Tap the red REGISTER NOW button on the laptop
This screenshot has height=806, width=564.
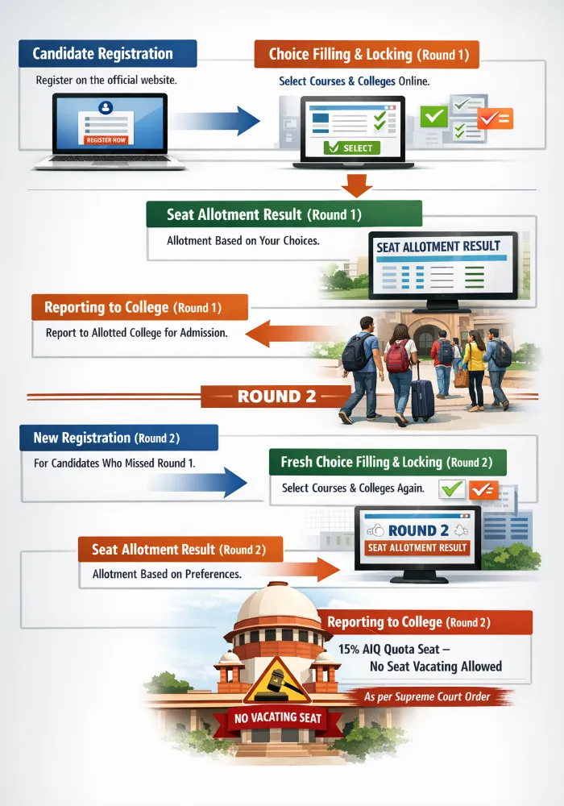pos(106,139)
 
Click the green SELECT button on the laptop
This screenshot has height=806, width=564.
pos(352,147)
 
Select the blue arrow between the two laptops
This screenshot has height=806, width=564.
pos(218,121)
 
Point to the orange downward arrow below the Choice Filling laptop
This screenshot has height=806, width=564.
pos(357,185)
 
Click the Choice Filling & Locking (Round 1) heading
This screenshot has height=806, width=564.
pos(367,55)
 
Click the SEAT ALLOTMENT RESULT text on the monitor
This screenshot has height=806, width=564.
pos(438,247)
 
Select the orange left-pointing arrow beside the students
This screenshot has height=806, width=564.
pos(290,333)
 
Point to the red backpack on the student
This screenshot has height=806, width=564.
pos(398,355)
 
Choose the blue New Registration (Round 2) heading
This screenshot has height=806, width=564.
pos(118,438)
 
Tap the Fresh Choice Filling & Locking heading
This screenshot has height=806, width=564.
pos(387,462)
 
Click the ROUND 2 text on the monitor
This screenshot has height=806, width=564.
pos(417,530)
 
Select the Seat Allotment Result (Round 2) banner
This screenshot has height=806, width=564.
pos(180,550)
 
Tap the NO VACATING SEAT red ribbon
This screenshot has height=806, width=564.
pos(278,718)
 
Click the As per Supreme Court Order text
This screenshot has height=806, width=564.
pos(427,696)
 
